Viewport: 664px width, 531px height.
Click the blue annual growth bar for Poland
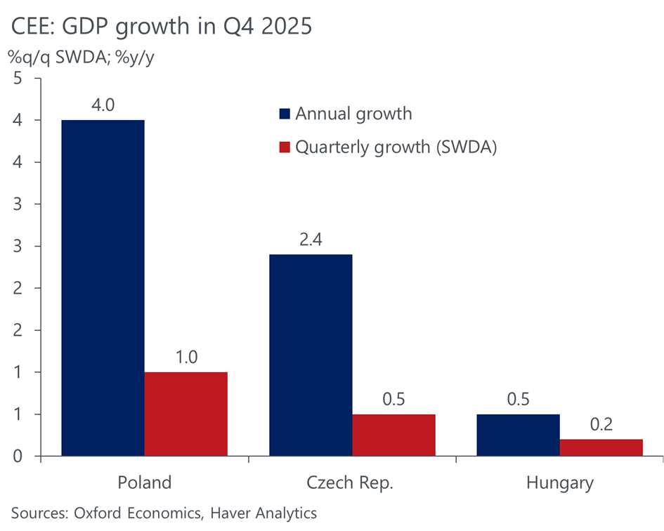[103, 288]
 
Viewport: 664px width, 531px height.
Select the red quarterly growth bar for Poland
[185, 414]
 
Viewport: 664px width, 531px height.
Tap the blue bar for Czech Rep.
[311, 355]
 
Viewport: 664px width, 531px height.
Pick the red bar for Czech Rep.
[393, 435]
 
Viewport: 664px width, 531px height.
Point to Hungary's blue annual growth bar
[519, 435]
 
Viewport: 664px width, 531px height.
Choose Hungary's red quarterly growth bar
[601, 448]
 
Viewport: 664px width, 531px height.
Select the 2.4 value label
[311, 240]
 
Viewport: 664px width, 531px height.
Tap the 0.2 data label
[601, 425]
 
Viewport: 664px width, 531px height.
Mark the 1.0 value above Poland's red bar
[185, 358]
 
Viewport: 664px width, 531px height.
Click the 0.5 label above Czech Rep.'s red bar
[393, 400]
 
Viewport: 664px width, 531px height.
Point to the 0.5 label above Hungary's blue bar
[519, 400]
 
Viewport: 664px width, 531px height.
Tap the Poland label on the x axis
[144, 483]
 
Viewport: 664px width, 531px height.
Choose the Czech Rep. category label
[352, 483]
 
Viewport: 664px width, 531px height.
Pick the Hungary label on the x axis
[560, 483]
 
